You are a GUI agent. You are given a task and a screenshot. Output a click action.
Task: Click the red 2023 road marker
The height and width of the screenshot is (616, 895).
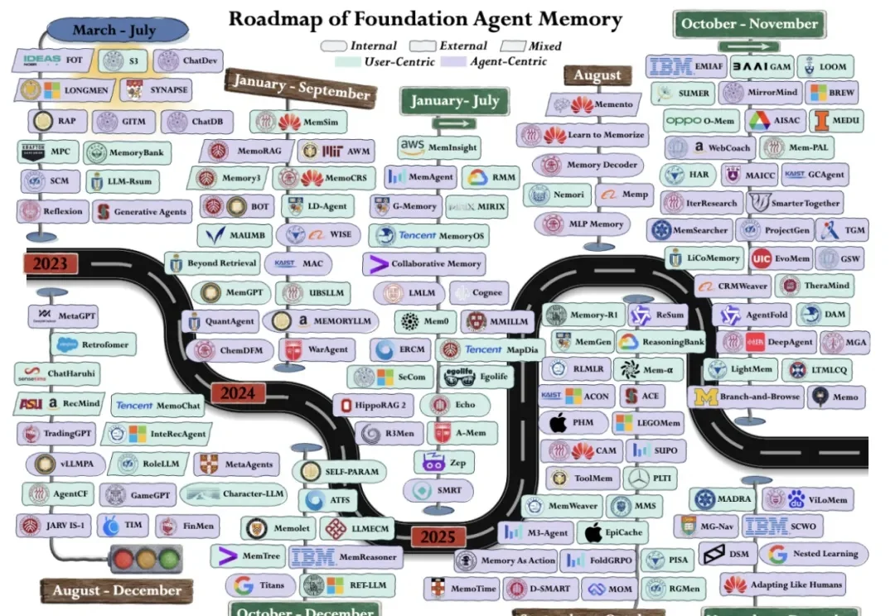tap(51, 264)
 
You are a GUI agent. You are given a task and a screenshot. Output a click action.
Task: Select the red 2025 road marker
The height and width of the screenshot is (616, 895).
tap(438, 537)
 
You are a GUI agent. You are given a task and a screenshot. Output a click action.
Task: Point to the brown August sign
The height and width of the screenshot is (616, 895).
tap(597, 75)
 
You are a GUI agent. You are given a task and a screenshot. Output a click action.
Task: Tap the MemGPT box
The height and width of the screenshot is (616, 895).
tap(231, 292)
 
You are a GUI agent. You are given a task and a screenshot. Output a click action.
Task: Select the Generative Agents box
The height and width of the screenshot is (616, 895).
tap(141, 212)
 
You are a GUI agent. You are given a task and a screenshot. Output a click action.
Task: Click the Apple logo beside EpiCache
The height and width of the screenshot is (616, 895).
tap(593, 532)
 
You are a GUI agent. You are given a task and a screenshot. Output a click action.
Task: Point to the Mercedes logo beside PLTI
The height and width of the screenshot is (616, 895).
tap(640, 478)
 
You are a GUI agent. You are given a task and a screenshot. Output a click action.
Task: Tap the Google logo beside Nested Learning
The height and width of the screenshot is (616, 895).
tap(777, 553)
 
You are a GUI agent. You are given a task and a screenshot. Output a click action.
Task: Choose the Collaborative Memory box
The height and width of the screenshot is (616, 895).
tap(423, 264)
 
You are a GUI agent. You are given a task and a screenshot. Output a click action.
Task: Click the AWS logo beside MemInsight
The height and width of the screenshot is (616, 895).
tap(412, 147)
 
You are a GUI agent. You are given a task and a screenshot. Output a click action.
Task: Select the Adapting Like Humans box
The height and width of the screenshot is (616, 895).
tap(782, 585)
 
